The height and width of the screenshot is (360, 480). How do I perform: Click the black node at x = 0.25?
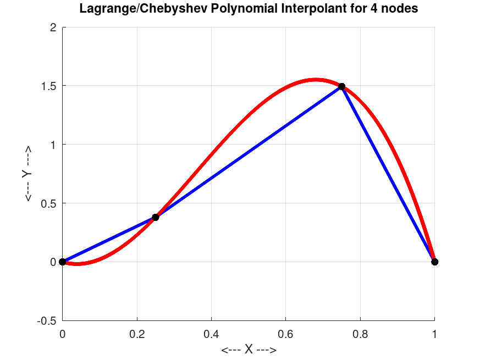(x=156, y=217)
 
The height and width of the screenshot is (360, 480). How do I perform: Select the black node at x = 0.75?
(x=342, y=86)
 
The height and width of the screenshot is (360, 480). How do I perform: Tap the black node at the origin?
(x=63, y=262)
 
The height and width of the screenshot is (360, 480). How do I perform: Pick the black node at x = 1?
(x=435, y=262)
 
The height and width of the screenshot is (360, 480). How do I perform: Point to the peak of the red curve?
(x=316, y=79)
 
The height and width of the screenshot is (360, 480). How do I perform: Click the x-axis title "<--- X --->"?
(x=249, y=350)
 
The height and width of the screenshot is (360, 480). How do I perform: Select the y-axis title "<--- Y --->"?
(x=26, y=174)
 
